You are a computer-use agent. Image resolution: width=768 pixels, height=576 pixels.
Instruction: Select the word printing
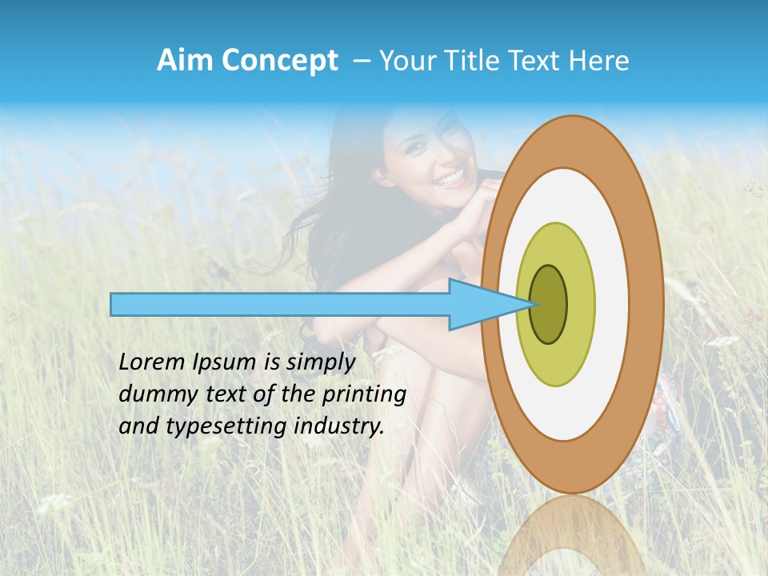[364, 395]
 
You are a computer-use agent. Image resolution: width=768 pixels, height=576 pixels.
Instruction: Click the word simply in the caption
[320, 363]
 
